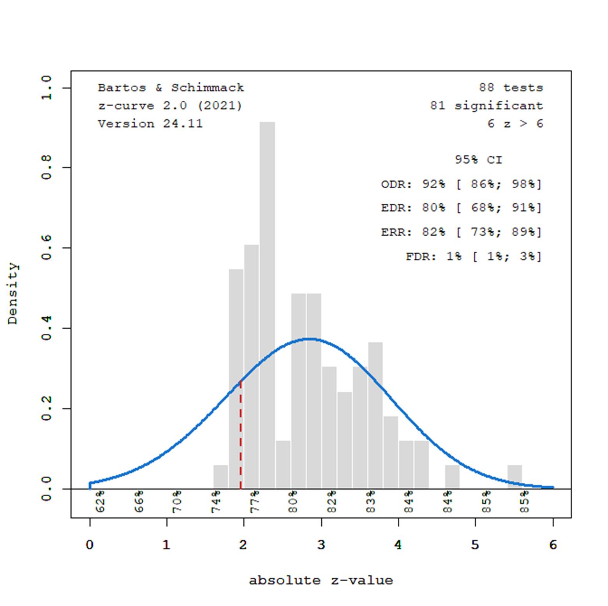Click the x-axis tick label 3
coord(321,545)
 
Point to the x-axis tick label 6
coord(553,545)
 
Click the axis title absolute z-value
coord(321,580)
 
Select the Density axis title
coord(13,294)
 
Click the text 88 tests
coord(511,88)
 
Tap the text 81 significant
coord(486,105)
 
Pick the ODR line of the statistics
coord(461,184)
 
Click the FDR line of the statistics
coord(473,256)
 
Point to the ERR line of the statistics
coord(461,232)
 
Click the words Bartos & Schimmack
coord(171,88)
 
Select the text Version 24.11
coord(150,124)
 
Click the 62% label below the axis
coord(100,501)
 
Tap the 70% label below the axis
coord(177,501)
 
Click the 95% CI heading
coord(478,160)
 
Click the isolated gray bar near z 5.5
coord(515,477)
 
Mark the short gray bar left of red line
coord(220,477)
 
